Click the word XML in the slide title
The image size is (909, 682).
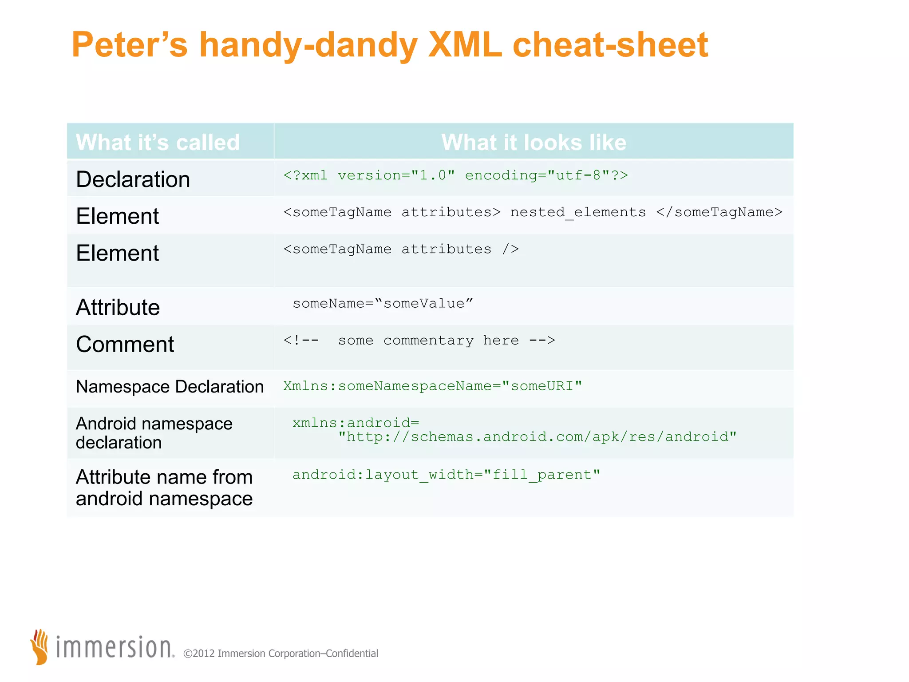click(x=465, y=45)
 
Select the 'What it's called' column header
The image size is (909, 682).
click(x=158, y=143)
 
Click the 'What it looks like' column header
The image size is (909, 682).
click(x=534, y=143)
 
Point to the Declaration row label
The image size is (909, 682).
click(x=133, y=179)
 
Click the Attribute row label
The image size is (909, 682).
click(x=118, y=307)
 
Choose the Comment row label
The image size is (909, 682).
click(x=125, y=345)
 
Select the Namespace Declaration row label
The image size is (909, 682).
click(x=170, y=387)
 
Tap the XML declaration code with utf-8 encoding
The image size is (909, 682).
click(x=455, y=175)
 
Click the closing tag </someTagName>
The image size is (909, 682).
click(x=719, y=212)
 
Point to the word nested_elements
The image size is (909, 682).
click(x=578, y=213)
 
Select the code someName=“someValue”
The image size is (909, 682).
click(x=383, y=304)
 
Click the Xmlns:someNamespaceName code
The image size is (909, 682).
click(x=432, y=386)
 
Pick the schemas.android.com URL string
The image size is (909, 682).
click(x=537, y=437)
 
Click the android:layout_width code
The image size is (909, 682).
click(x=446, y=475)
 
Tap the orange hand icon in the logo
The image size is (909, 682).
click(x=40, y=647)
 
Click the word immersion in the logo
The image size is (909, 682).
click(x=114, y=648)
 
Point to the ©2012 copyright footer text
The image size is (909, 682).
click(x=281, y=654)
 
